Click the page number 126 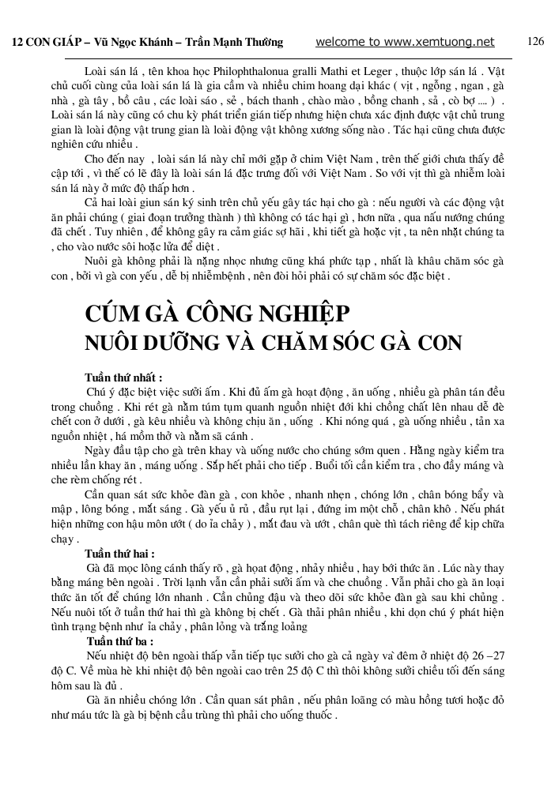coord(535,42)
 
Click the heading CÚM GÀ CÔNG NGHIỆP coord(217,314)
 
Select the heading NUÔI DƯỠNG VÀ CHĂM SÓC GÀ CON coord(273,344)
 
